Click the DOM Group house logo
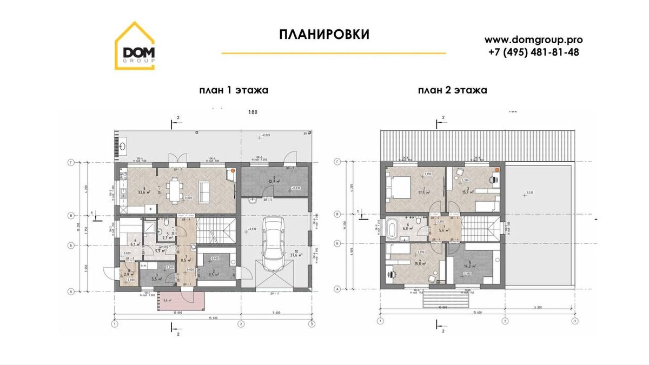click(x=135, y=47)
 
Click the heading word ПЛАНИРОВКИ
click(x=325, y=35)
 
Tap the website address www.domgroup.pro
click(x=533, y=39)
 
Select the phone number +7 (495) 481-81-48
click(x=533, y=52)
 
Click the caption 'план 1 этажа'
click(x=234, y=90)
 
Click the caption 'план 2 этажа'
click(x=452, y=90)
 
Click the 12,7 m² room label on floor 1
click(x=277, y=182)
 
